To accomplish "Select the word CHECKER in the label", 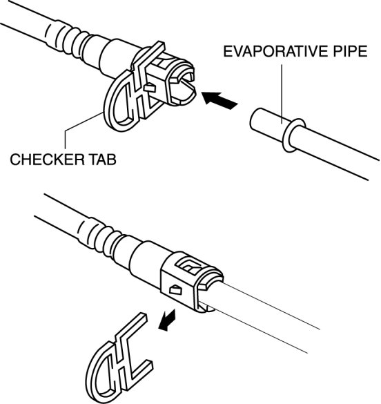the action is click(47, 160).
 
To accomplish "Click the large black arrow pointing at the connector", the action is click(219, 100).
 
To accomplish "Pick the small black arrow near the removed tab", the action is click(168, 320).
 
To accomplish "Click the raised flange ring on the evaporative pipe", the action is click(294, 135).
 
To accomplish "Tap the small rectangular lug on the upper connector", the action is click(150, 88).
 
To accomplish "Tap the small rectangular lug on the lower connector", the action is click(175, 290).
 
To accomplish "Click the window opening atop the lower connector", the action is click(189, 267).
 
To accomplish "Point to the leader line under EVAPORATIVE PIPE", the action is click(282, 94).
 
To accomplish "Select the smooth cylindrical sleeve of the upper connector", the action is click(117, 58).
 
